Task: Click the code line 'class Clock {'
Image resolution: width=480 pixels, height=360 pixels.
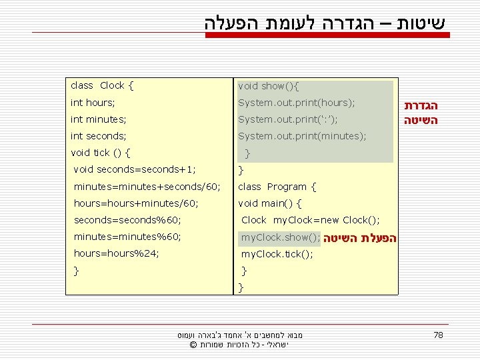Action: coord(102,85)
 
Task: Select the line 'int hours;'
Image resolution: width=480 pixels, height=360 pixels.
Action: coord(93,103)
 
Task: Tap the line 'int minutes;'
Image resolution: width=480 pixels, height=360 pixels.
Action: coord(99,119)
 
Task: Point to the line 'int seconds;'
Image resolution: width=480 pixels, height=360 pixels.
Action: coord(99,136)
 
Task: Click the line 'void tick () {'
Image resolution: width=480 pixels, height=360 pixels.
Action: coord(100,153)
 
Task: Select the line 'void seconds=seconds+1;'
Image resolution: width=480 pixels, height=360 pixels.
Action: coord(135,169)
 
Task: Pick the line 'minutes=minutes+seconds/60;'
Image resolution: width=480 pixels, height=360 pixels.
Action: coord(147,187)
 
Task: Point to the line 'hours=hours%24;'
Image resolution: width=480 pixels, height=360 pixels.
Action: coord(116,254)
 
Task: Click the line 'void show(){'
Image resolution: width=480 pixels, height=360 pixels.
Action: coord(269,86)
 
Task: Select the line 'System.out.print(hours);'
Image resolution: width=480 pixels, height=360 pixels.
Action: coord(297,103)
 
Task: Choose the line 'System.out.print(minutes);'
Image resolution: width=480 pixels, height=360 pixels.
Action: coord(302,136)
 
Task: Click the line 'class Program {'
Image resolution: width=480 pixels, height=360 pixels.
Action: coord(277,187)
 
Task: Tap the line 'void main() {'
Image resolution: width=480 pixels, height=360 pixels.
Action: coord(270,203)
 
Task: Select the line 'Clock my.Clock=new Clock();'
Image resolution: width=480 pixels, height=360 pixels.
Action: coord(311,220)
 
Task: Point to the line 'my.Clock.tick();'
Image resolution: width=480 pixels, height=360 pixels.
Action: coord(277,254)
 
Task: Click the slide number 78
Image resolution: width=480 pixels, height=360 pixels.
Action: coord(438,335)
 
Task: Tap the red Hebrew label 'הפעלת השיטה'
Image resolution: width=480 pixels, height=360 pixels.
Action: coord(360,238)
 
